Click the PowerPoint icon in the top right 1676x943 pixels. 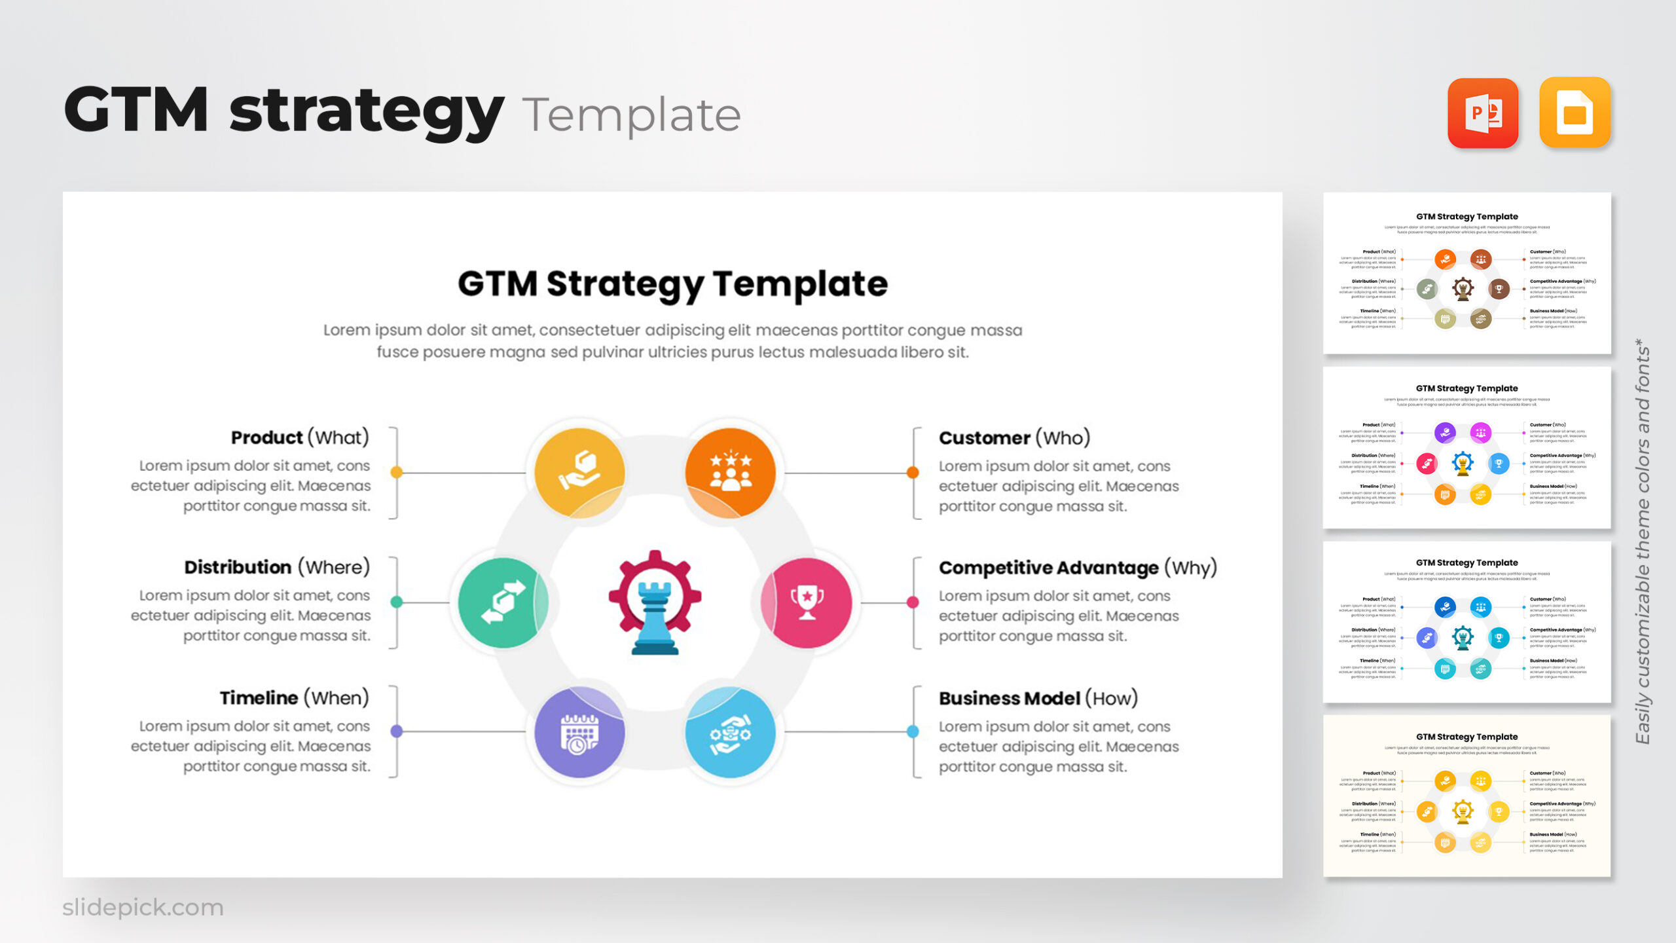[1482, 113]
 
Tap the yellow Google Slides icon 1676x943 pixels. [1575, 113]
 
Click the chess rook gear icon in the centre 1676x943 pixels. [655, 602]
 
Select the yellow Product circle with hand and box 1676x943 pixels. [579, 472]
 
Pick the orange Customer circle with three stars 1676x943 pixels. [730, 472]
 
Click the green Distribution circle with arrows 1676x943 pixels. [503, 602]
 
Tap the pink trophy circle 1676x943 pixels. [807, 602]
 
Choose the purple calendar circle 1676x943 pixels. [579, 732]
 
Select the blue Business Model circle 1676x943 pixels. [730, 732]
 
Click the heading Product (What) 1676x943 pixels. [300, 437]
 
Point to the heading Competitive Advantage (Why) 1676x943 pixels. [1078, 568]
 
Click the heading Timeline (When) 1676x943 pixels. [294, 698]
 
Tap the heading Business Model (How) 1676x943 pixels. [1038, 698]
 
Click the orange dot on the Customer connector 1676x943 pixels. [913, 472]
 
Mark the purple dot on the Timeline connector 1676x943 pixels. [396, 731]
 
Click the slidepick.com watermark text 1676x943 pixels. [143, 908]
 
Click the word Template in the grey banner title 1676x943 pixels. [631, 115]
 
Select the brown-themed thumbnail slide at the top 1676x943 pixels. [1466, 273]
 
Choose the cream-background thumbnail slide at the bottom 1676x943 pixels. [1466, 796]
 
